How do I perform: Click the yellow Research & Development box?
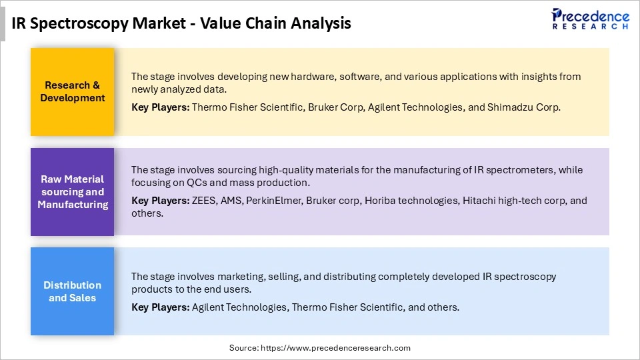tap(72, 92)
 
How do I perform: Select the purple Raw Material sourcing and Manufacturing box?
tap(72, 192)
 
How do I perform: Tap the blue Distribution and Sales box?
tap(72, 291)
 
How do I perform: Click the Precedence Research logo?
tap(590, 19)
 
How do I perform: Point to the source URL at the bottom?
tap(320, 348)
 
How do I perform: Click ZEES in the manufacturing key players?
tap(204, 200)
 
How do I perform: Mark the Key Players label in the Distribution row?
tap(160, 307)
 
